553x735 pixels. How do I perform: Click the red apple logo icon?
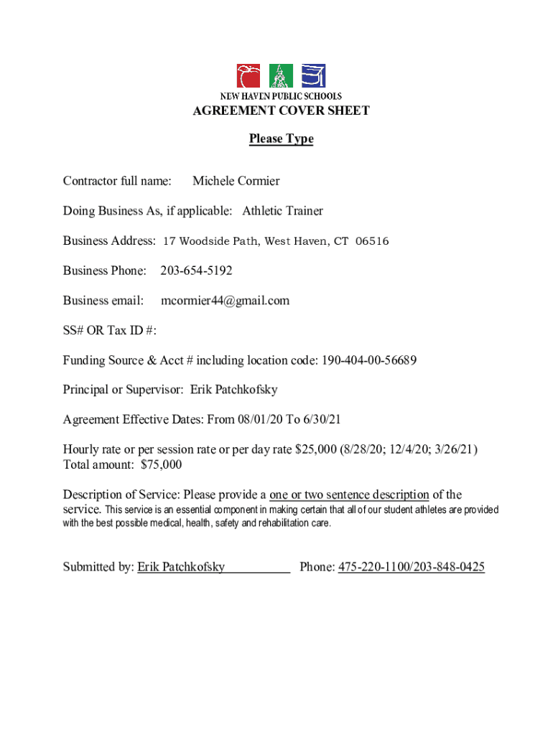(249, 76)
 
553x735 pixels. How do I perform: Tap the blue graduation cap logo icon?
(313, 76)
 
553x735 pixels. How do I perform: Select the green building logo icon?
(281, 76)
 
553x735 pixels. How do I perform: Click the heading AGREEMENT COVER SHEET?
(281, 111)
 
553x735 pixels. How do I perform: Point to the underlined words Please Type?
(281, 139)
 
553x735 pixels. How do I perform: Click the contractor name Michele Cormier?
(236, 181)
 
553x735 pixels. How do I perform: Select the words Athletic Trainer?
(282, 211)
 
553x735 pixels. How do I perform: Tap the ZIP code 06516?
(372, 241)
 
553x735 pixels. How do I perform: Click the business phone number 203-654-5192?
(196, 271)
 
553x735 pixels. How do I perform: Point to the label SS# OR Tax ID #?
(109, 330)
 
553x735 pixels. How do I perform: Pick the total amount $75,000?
(161, 464)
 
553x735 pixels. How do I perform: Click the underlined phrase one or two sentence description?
(349, 495)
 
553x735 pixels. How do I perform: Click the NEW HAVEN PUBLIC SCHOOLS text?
(281, 96)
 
